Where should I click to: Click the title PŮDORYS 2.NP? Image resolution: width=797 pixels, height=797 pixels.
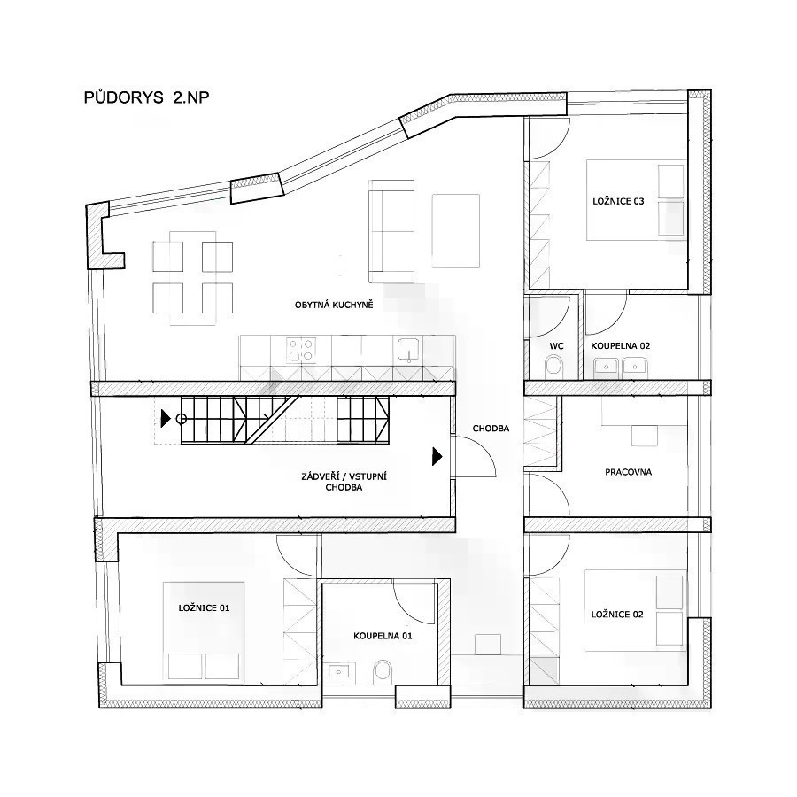pos(146,97)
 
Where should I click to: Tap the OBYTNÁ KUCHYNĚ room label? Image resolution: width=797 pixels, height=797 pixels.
pos(334,305)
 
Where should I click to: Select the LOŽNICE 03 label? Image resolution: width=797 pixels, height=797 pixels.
pos(618,201)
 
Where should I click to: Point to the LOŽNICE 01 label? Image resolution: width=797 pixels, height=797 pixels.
pos(204,607)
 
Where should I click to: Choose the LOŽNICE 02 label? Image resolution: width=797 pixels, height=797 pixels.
pos(617,615)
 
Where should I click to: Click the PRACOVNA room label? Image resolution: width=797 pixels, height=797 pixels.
pos(628,472)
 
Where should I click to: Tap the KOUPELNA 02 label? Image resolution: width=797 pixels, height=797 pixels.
pos(620,346)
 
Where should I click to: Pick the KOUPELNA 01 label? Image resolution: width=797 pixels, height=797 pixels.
pos(383,636)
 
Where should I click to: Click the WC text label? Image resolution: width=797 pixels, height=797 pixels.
pos(557,346)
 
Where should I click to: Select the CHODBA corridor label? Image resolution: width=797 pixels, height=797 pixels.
pos(491,429)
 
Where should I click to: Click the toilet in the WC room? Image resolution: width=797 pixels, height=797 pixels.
pos(554,367)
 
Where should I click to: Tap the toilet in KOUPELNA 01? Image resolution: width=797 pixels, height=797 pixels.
pos(383,672)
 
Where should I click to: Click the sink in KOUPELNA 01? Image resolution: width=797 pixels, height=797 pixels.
pos(337,671)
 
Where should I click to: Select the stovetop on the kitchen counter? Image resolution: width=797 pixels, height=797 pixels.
pos(301,350)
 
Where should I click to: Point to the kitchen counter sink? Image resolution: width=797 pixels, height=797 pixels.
pos(408,350)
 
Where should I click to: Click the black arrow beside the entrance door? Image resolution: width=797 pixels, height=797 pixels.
pos(437,456)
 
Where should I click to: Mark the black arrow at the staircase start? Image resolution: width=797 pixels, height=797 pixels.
pos(166,419)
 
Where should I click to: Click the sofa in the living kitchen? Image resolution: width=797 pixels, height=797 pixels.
pos(391,231)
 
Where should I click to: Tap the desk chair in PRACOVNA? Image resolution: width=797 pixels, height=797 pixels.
pos(645,436)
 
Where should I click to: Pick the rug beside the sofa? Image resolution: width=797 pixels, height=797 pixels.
pos(456,231)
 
